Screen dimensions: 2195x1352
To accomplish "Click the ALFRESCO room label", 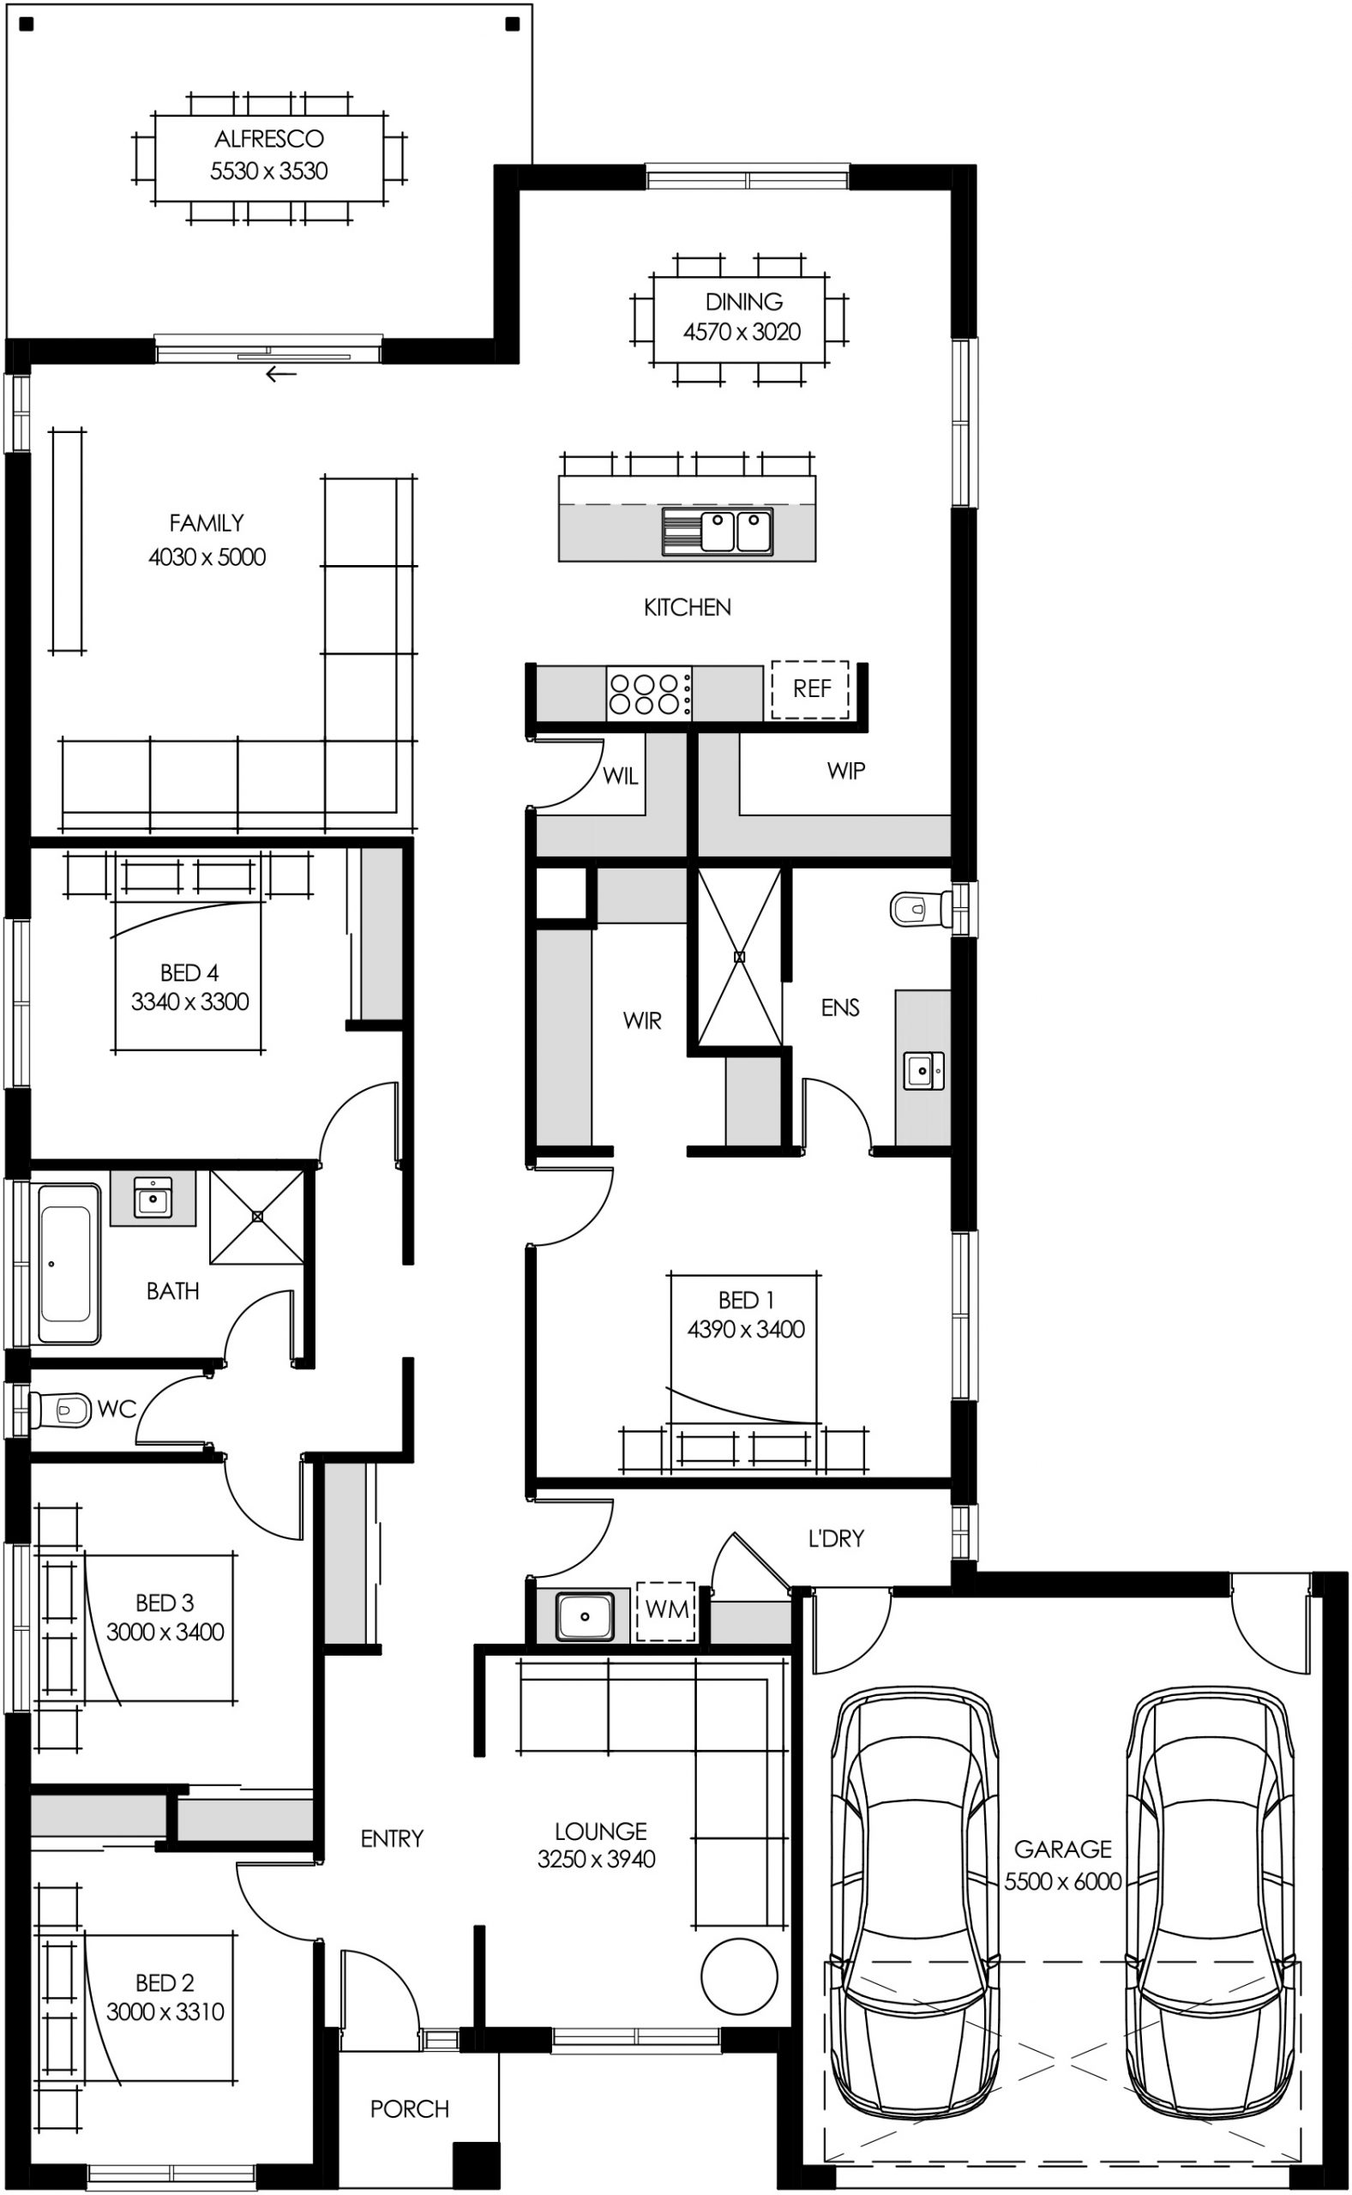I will pos(268,140).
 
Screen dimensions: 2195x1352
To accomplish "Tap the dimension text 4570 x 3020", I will pos(742,332).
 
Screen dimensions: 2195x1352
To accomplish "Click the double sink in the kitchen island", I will pos(736,531).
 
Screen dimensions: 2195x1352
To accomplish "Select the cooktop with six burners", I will pos(648,694).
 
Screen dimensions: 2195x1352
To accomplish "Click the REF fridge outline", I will pos(810,689).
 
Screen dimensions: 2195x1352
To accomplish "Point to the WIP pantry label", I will pos(845,771).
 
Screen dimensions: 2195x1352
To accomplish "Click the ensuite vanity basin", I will pos(922,1070).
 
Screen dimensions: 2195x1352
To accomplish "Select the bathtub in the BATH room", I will pos(66,1264).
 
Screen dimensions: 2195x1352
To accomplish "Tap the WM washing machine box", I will pos(666,1610).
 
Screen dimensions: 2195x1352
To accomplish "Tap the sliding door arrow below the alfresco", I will pos(280,374).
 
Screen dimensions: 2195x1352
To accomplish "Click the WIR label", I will pos(642,1020).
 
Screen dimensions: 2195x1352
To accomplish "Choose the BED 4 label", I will pos(189,971).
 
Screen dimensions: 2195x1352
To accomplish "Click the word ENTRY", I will pos(392,1838).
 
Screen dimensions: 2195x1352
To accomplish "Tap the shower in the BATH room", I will pos(257,1216).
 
